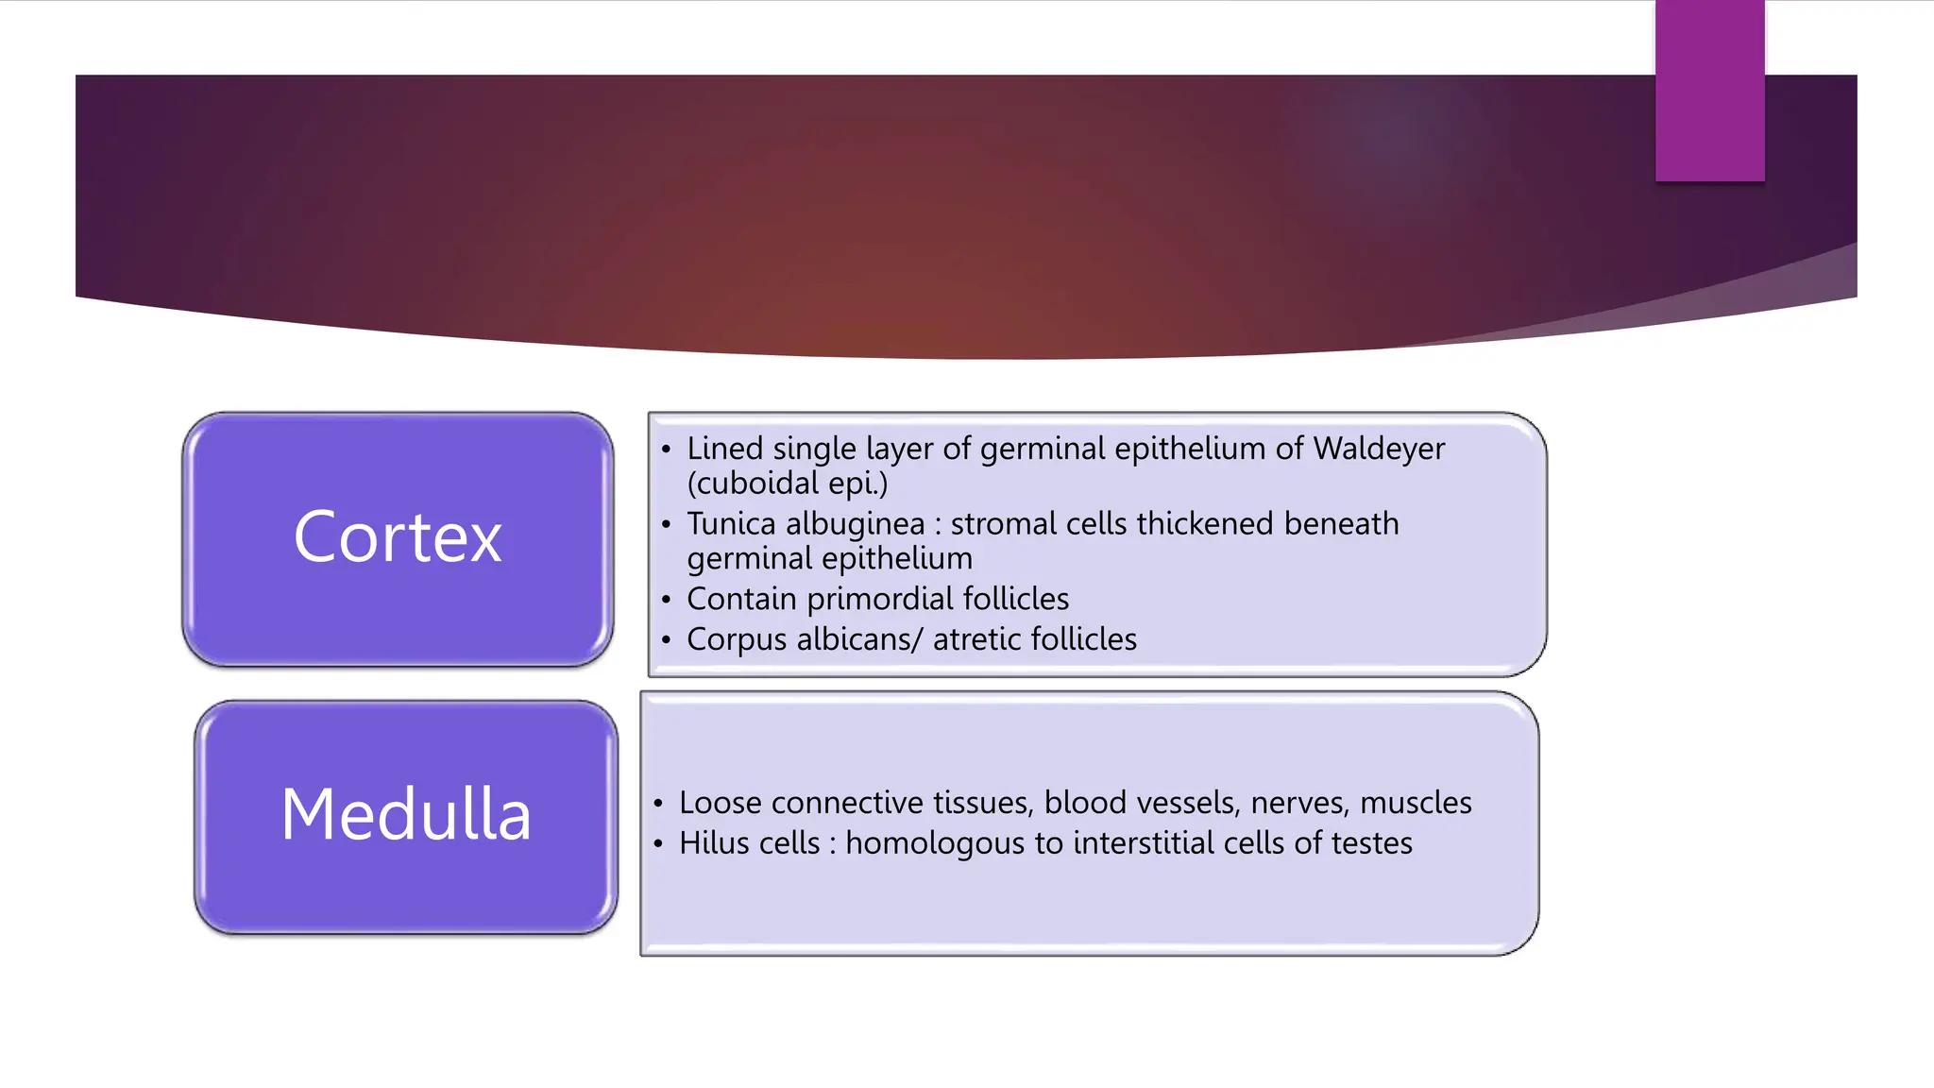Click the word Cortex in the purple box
398,537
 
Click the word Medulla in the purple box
406,815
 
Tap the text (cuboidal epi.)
788,484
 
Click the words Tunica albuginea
806,524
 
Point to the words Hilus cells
750,843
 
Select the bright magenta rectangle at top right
1709,91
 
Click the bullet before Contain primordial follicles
667,600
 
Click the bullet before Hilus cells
658,843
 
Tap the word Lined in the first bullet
724,449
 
